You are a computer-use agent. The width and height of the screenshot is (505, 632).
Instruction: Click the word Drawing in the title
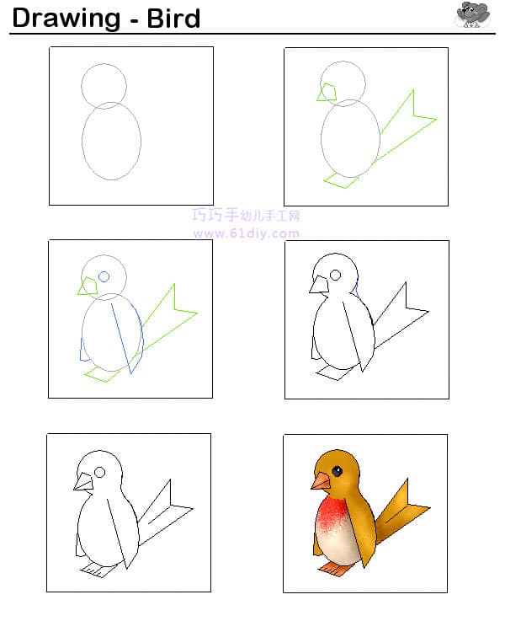66,19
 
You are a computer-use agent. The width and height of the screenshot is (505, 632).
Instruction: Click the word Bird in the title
173,19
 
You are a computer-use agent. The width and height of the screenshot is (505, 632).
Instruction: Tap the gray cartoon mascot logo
472,14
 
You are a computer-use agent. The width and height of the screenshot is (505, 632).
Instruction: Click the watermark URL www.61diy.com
246,233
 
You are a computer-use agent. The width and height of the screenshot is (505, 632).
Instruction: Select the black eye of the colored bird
337,471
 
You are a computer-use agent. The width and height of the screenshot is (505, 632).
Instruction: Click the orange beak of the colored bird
321,481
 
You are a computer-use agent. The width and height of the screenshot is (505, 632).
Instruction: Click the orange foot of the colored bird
334,569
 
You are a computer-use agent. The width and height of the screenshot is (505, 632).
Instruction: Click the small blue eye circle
104,276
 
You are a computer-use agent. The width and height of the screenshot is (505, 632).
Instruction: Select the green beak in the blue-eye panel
88,287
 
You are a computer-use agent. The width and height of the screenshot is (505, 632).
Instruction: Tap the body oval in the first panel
82,141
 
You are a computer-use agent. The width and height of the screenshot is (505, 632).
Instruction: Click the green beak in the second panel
327,93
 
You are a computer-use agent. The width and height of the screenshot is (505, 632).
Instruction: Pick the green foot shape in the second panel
341,180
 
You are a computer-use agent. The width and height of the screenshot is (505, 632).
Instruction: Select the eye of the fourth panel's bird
336,275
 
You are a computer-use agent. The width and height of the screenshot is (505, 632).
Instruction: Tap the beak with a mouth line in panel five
83,482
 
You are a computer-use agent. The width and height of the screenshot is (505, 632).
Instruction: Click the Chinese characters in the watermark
246,215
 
